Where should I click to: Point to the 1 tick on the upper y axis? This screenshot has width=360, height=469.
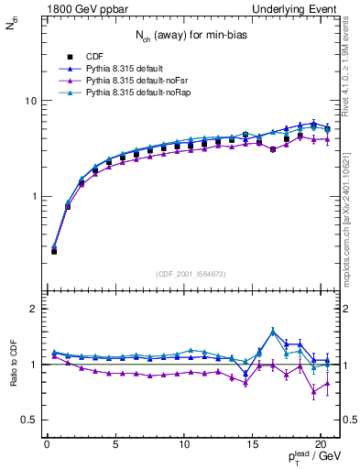(33, 197)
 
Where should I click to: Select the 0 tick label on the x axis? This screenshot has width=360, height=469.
(47, 446)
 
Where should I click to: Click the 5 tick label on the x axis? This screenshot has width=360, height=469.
(115, 446)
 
